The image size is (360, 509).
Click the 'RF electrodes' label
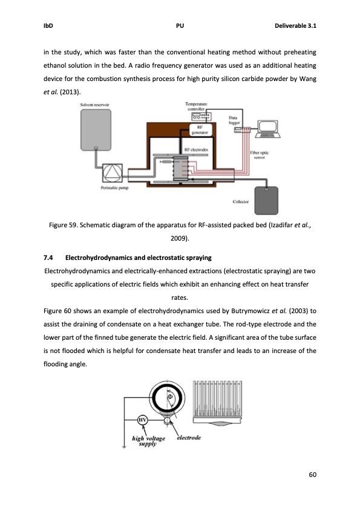195,149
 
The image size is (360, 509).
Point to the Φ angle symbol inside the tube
170,397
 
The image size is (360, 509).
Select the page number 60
312,475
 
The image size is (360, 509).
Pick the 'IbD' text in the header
48,26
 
